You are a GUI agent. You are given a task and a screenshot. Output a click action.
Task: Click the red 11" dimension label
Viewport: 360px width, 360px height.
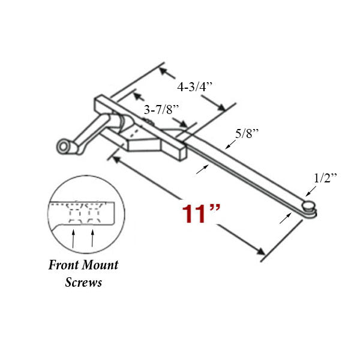(x=202, y=213)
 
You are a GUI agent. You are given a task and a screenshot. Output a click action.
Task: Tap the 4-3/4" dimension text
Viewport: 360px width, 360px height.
(x=195, y=86)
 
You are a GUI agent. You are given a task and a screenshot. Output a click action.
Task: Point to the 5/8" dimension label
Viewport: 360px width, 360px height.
(x=246, y=134)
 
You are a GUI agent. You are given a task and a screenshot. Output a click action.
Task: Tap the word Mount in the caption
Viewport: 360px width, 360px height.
(x=100, y=265)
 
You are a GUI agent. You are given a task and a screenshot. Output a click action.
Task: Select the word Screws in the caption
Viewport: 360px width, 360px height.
(x=83, y=281)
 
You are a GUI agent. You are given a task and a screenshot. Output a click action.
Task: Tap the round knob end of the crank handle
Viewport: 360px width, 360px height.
(x=62, y=146)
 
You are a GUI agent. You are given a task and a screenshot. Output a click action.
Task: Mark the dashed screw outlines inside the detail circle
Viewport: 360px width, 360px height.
(x=84, y=213)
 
